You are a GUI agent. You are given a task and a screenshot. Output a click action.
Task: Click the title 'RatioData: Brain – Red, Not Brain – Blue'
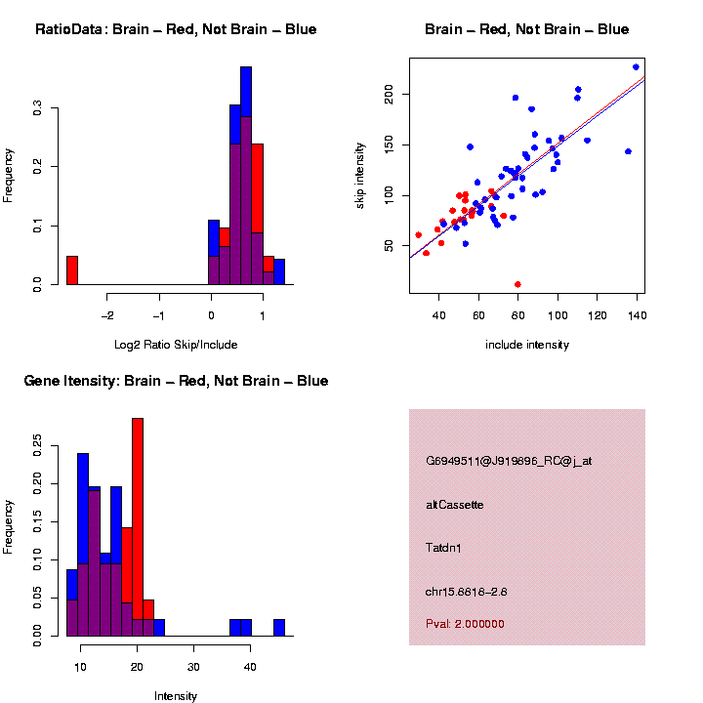pos(176,29)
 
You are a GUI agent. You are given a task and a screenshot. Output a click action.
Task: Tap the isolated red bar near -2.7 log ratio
pos(72,269)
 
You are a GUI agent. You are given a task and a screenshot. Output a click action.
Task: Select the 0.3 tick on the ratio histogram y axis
pos(37,110)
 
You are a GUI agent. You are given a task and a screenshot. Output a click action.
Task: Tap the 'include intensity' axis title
pos(527,345)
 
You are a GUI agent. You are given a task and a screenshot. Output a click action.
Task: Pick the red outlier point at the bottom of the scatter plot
pos(517,284)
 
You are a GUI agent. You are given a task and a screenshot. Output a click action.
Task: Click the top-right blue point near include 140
pos(636,67)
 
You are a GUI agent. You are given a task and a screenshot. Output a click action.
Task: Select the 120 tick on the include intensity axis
pos(597,315)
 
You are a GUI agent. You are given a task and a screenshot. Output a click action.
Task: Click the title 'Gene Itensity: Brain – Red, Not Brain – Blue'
pos(176,381)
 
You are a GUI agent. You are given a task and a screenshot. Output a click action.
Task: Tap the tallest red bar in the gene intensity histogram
pos(138,527)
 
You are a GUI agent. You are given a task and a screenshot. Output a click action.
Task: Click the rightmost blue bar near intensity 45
pos(279,627)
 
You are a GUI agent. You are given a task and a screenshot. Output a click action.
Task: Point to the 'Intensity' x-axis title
pos(176,696)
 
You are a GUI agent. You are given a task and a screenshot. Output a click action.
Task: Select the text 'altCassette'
pos(455,505)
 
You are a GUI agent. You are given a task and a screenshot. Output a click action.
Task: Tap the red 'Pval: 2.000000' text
pos(466,623)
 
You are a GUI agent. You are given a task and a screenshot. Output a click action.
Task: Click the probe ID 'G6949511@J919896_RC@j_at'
pos(509,461)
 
